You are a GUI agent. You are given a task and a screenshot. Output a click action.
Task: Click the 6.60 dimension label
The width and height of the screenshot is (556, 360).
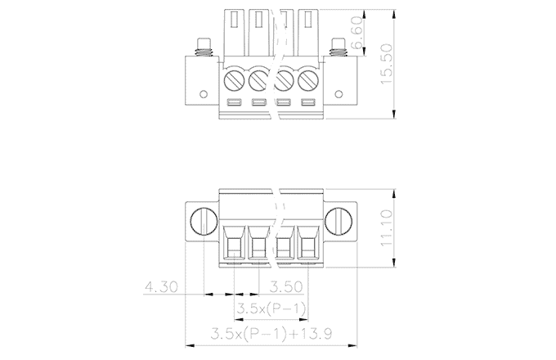pos(357,32)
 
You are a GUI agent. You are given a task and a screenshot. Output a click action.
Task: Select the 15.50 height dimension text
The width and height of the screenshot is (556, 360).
pos(386,64)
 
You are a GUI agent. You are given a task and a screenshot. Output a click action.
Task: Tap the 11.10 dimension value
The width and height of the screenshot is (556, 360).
pos(386,227)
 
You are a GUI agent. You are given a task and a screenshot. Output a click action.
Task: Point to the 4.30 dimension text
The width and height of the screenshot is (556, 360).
pos(161,286)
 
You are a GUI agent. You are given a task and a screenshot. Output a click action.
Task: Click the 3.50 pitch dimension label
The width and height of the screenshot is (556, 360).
pos(286,286)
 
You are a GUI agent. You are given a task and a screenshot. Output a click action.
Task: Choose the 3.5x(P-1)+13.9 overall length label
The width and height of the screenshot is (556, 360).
pos(271,333)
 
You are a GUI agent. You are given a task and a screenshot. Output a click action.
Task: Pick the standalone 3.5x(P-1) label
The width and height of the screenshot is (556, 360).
pos(271,308)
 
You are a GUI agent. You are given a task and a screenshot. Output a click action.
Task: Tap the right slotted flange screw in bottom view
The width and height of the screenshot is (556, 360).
pos(339,222)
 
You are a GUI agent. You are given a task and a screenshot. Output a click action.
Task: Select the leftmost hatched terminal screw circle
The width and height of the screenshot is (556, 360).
pos(235,80)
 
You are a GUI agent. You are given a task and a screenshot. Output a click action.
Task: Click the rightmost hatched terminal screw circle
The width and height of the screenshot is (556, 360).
pos(307,80)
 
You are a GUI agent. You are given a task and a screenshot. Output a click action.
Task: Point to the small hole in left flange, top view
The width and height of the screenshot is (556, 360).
pos(204,94)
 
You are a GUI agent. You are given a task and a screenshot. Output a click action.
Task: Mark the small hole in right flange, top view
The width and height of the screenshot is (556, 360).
pos(339,94)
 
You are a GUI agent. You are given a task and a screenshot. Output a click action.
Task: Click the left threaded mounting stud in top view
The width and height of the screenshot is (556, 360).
pos(204,47)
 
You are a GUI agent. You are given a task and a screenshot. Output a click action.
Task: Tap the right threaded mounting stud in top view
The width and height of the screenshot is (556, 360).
pos(339,47)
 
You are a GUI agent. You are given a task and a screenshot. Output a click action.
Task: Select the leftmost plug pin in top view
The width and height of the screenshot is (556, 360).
pos(235,33)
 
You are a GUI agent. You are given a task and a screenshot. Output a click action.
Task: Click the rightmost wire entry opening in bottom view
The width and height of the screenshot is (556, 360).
pos(308,244)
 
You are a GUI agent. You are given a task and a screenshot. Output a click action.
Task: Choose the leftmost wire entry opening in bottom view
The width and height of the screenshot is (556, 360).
pos(235,244)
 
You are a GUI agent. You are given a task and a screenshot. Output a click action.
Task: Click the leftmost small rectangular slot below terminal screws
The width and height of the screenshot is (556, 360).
pos(235,103)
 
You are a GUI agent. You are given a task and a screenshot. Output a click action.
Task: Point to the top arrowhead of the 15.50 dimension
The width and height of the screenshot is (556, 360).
pos(394,14)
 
